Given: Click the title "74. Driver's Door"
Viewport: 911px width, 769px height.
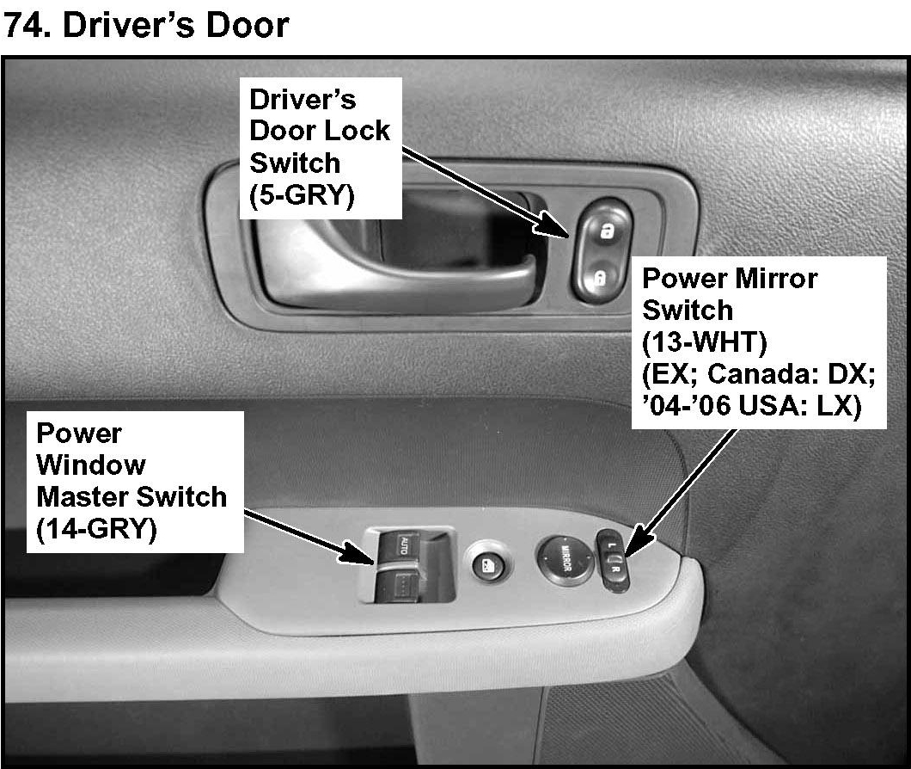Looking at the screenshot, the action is tap(146, 26).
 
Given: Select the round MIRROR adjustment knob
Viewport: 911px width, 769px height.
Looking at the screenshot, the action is tap(566, 560).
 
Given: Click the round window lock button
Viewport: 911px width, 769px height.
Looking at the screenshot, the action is tap(487, 563).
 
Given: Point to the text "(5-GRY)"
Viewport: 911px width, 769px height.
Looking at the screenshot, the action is tap(302, 195).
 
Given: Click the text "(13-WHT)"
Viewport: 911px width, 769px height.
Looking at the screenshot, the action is tap(704, 342).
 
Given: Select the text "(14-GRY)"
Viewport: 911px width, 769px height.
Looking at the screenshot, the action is tap(96, 529).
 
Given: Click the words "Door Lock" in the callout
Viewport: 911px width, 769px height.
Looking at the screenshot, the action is tap(320, 131).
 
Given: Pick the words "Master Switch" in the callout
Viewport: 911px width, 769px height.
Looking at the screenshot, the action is tap(131, 497).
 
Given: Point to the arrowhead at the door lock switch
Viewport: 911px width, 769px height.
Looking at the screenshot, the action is tap(552, 225).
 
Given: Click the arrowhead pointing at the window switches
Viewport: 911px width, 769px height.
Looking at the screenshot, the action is tap(358, 552).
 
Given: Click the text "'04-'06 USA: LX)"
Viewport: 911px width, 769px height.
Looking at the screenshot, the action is tap(752, 405).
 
